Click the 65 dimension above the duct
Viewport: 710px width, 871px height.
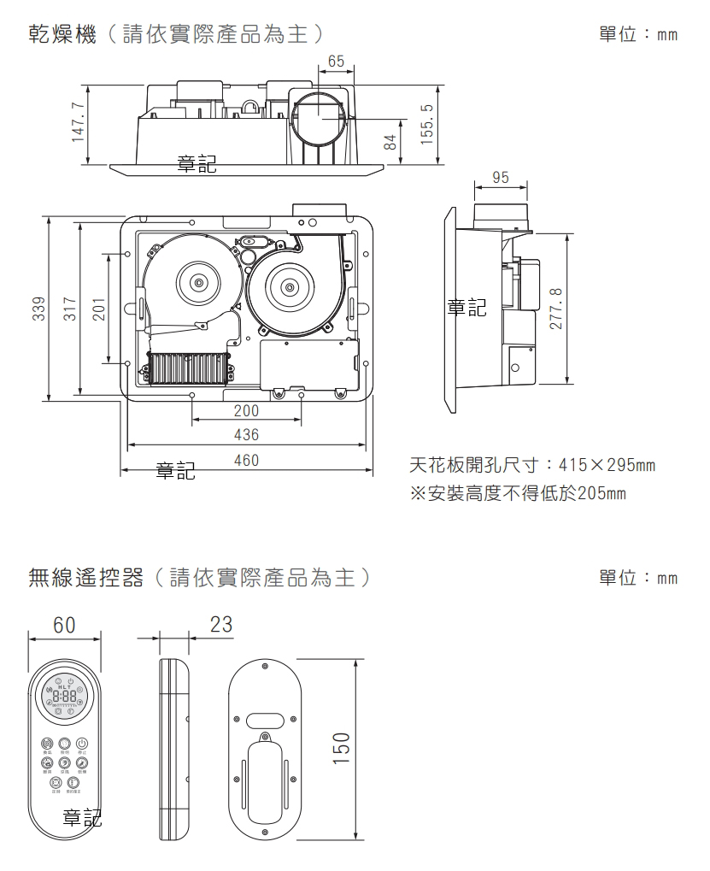click(x=336, y=62)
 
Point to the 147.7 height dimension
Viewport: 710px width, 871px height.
click(x=79, y=122)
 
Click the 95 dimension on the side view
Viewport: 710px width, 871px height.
click(x=501, y=178)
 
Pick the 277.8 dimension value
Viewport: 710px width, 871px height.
click(x=557, y=310)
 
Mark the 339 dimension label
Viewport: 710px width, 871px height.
click(x=38, y=309)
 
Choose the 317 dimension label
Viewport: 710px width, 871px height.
click(x=71, y=309)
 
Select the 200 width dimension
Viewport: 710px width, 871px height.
click(x=246, y=411)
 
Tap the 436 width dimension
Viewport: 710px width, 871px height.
click(x=246, y=435)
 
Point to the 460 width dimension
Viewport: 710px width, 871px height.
click(x=246, y=461)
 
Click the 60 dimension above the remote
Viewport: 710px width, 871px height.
click(x=64, y=625)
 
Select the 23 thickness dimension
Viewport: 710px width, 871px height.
click(x=220, y=625)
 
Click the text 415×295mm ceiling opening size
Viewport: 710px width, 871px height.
click(x=606, y=466)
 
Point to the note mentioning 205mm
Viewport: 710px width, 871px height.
click(x=518, y=494)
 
